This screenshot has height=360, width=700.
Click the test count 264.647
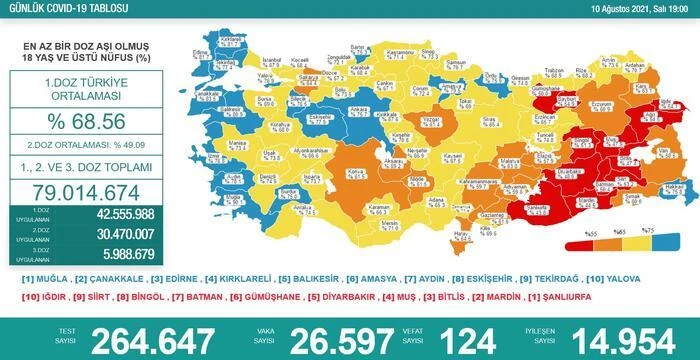(150, 339)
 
